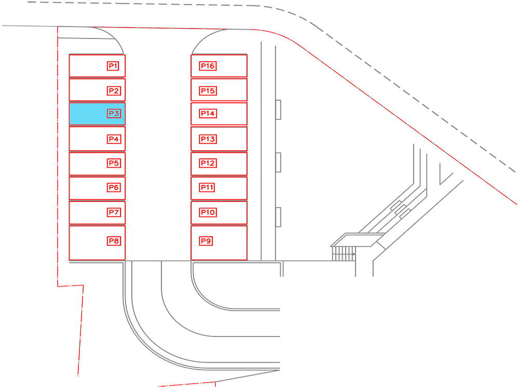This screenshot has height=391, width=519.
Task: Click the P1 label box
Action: coord(113,66)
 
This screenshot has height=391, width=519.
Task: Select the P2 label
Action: coord(114,91)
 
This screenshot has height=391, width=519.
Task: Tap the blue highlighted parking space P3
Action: coord(97,114)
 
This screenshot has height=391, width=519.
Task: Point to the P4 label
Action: coord(114,139)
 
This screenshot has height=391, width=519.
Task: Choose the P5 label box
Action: coord(114,163)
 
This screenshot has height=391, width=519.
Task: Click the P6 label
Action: coord(114,187)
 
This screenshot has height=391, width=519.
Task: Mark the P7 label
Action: coord(114,212)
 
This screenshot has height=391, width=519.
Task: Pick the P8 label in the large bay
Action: coord(114,241)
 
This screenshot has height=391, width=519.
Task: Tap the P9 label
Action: coord(206,241)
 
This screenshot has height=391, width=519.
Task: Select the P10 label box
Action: coord(208,212)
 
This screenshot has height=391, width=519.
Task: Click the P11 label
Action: coord(207,187)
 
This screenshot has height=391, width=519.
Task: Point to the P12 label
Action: coord(208,163)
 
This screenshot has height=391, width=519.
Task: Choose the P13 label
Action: coord(208,139)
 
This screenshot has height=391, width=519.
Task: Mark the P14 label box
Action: coord(208,114)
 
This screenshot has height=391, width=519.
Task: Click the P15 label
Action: coord(208,91)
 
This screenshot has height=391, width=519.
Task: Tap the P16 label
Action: coord(208,66)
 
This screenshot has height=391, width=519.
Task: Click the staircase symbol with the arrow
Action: coord(344,254)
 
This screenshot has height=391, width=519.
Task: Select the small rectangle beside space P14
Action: coord(278,110)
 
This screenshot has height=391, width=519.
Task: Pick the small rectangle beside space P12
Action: coord(278,163)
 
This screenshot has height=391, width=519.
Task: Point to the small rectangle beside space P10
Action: coord(278,217)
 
